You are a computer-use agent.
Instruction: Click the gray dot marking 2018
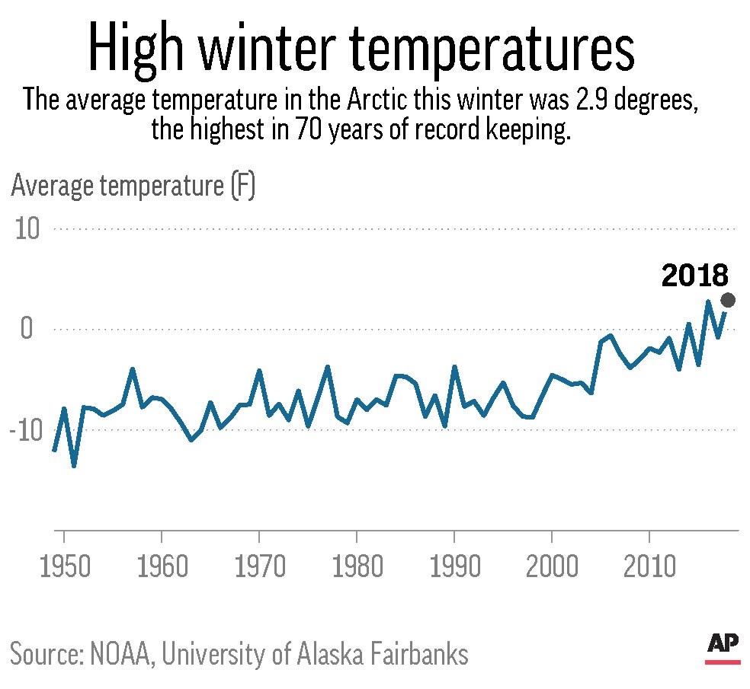[x=728, y=300]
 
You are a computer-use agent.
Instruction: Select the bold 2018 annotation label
[x=695, y=276]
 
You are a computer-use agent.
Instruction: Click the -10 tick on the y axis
[x=27, y=430]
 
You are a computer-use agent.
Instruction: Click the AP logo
[x=723, y=646]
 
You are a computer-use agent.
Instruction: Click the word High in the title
[x=138, y=49]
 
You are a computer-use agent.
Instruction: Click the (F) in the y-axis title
[x=245, y=187]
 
